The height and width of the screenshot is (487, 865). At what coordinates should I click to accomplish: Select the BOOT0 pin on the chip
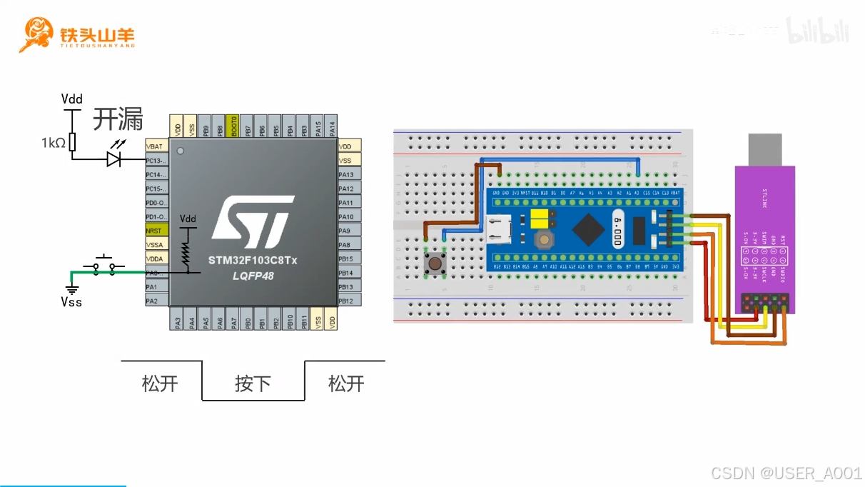(x=231, y=126)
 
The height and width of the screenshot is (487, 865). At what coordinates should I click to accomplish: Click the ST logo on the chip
(x=253, y=219)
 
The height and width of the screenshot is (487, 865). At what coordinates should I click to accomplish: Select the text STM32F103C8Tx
(x=253, y=260)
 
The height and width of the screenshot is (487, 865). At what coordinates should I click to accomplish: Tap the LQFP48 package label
(x=253, y=275)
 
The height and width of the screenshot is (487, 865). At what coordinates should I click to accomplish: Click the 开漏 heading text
(x=118, y=119)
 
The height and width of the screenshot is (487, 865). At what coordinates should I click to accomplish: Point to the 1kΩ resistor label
(x=53, y=143)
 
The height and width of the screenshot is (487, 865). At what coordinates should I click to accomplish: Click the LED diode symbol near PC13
(x=113, y=159)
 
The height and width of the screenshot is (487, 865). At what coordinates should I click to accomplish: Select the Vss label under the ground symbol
(x=71, y=302)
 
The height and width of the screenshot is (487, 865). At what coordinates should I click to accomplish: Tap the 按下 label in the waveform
(x=253, y=383)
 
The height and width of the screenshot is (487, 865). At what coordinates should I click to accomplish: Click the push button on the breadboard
(x=435, y=263)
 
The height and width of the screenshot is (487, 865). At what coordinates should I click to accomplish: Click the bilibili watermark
(x=818, y=31)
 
